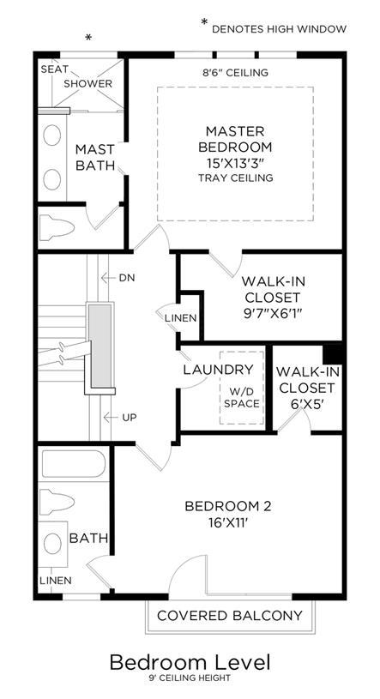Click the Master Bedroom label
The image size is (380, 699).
coord(235,139)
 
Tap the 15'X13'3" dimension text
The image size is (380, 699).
coord(235,163)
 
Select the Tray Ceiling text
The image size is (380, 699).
coord(235,178)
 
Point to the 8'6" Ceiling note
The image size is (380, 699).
coord(235,72)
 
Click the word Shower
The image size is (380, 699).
coord(87,83)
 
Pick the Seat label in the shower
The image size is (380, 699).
coord(54,69)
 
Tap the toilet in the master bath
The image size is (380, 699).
coord(57,228)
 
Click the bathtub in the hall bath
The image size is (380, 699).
coord(74,464)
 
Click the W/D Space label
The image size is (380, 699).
coord(242,398)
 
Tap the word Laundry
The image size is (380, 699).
coord(218,370)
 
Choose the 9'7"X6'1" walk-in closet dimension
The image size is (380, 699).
coord(272,313)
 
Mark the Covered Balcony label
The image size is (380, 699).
coord(230,616)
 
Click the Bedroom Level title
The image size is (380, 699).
coord(190,662)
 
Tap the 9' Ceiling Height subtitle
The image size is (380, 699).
coord(190,678)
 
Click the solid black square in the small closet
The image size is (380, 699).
coord(332,354)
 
